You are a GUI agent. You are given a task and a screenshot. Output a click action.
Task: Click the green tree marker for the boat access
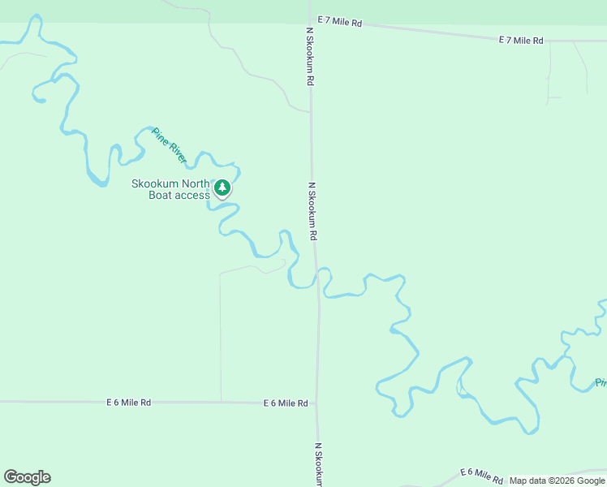pos(222,188)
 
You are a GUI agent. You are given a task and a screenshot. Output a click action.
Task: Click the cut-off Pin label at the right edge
pos(601,382)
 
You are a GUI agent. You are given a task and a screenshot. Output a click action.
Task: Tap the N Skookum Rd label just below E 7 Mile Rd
pos(310,57)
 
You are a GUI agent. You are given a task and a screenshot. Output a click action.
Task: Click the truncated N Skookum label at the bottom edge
pos(319,464)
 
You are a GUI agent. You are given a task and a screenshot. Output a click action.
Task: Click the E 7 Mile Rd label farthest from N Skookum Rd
pos(520,40)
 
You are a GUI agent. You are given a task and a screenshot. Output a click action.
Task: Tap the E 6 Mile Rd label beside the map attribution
pos(482,473)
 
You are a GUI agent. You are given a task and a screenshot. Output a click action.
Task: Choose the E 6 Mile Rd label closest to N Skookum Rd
pos(285,403)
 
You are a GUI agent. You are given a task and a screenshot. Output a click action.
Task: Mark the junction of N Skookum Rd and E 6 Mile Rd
pos(317,403)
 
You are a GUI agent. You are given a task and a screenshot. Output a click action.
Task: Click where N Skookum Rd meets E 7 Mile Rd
pos(310,19)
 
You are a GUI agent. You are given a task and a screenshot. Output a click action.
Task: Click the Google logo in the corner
pos(27,477)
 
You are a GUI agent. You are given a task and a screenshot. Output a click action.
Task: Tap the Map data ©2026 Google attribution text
pos(557,481)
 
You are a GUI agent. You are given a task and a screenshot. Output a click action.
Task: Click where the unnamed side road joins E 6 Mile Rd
pos(221,402)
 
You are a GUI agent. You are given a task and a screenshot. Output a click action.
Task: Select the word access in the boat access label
pos(192,195)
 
